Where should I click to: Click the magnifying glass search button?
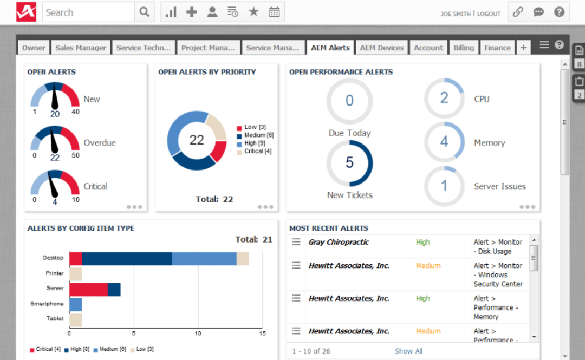click(x=144, y=12)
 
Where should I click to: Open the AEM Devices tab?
click(x=382, y=48)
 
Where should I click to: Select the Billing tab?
click(x=464, y=48)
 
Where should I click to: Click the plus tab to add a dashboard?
click(x=523, y=48)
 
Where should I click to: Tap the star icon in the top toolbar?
click(x=253, y=12)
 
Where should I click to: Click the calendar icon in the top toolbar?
click(x=275, y=12)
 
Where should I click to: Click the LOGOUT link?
click(x=489, y=14)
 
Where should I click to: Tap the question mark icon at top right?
click(x=559, y=12)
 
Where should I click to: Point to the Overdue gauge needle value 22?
click(x=55, y=158)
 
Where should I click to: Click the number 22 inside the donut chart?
click(x=196, y=140)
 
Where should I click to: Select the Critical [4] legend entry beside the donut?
click(x=257, y=152)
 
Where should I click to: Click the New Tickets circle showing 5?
click(x=349, y=163)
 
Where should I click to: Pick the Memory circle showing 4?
click(x=444, y=142)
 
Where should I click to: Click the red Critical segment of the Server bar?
click(x=88, y=289)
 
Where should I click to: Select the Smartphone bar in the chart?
click(x=75, y=304)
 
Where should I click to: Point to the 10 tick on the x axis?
click(x=198, y=333)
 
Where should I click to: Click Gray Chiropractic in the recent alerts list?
click(x=339, y=242)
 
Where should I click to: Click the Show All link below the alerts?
click(x=408, y=351)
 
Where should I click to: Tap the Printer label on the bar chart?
click(x=55, y=273)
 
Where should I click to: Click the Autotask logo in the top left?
click(x=26, y=12)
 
